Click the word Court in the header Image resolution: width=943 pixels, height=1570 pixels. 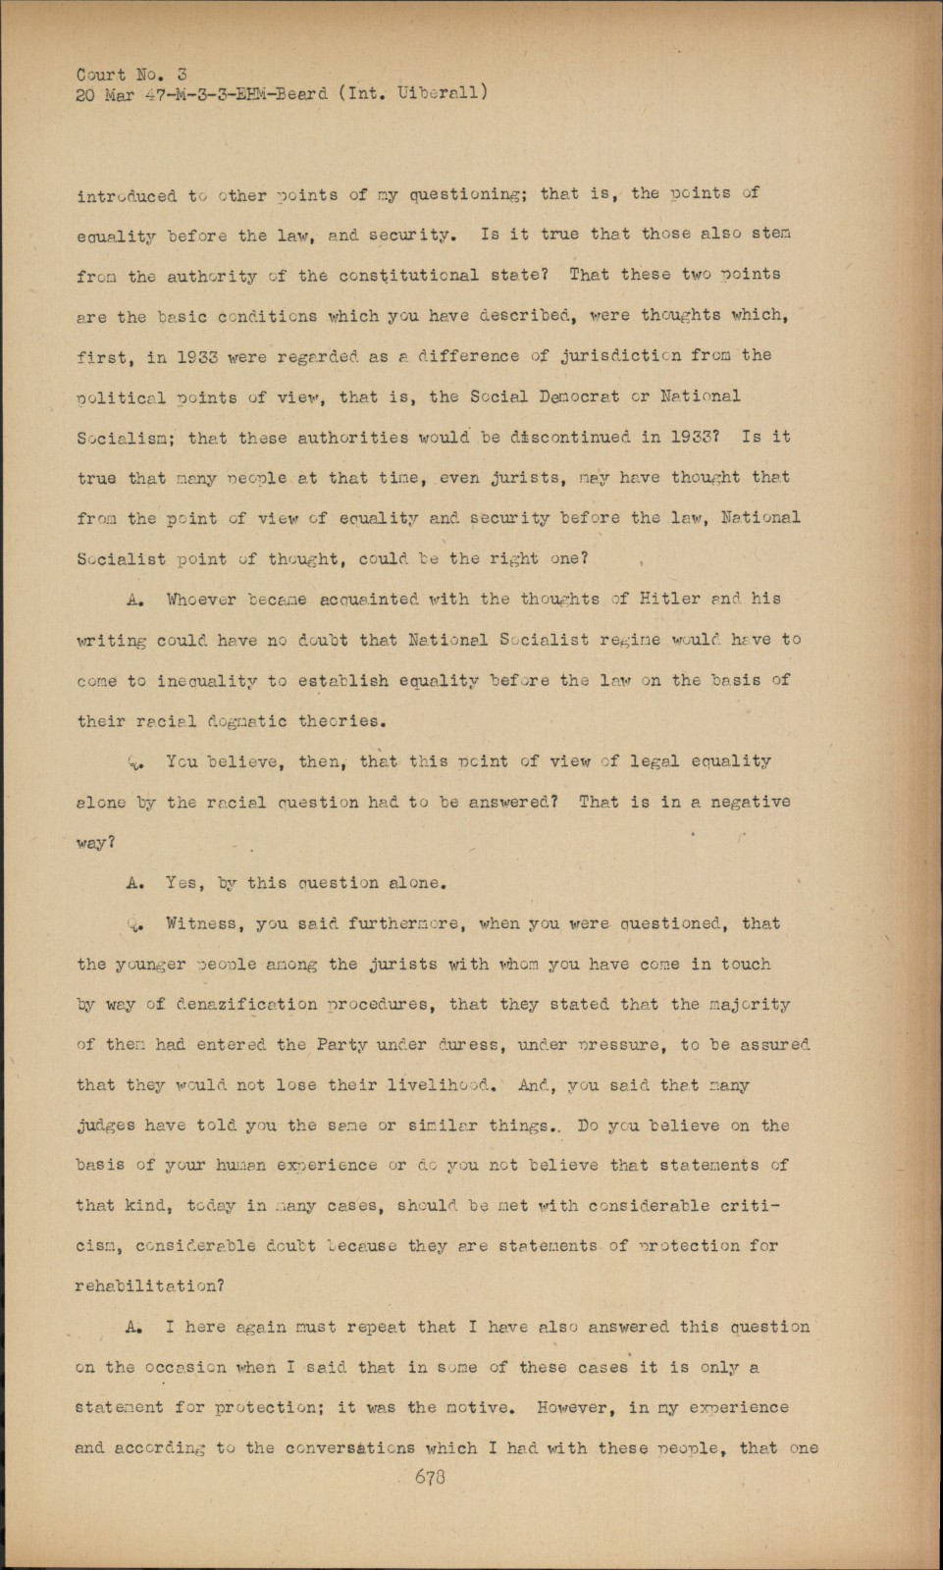[x=100, y=75]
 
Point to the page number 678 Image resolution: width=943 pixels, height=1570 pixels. [x=430, y=1477]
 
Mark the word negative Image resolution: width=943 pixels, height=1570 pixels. [x=748, y=803]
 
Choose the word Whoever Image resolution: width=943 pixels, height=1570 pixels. [x=201, y=599]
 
